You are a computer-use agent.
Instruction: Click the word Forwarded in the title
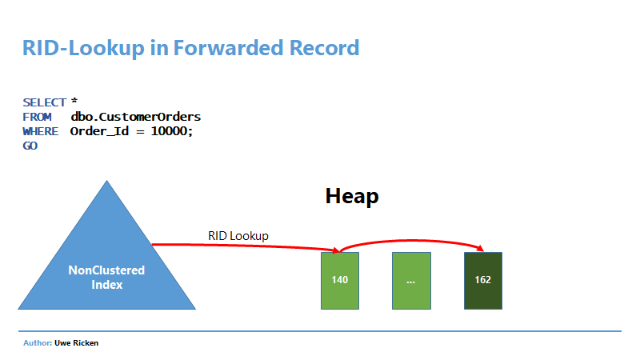pos(229,48)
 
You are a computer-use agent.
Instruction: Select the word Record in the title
pos(325,48)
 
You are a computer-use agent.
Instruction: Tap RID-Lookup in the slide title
pos(84,49)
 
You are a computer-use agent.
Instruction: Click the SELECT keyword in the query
pos(45,102)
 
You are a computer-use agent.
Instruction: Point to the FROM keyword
pos(37,117)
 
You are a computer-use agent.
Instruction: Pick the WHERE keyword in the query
pos(41,131)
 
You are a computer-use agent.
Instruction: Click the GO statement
pos(30,146)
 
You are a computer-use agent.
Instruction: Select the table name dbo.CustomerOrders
pos(135,117)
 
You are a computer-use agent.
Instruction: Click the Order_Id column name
pos(99,131)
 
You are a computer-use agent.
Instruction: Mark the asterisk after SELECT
pos(74,101)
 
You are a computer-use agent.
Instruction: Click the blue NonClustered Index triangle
pos(107,262)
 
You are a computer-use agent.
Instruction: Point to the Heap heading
pos(352,196)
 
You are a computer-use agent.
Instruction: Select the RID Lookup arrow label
pos(238,236)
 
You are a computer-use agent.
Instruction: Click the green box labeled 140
pos(340,281)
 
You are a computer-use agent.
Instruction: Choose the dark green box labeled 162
pos(483,281)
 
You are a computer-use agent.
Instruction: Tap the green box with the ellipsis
pos(411,281)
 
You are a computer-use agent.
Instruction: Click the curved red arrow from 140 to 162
pos(411,240)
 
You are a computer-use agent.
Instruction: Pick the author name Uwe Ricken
pos(76,343)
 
